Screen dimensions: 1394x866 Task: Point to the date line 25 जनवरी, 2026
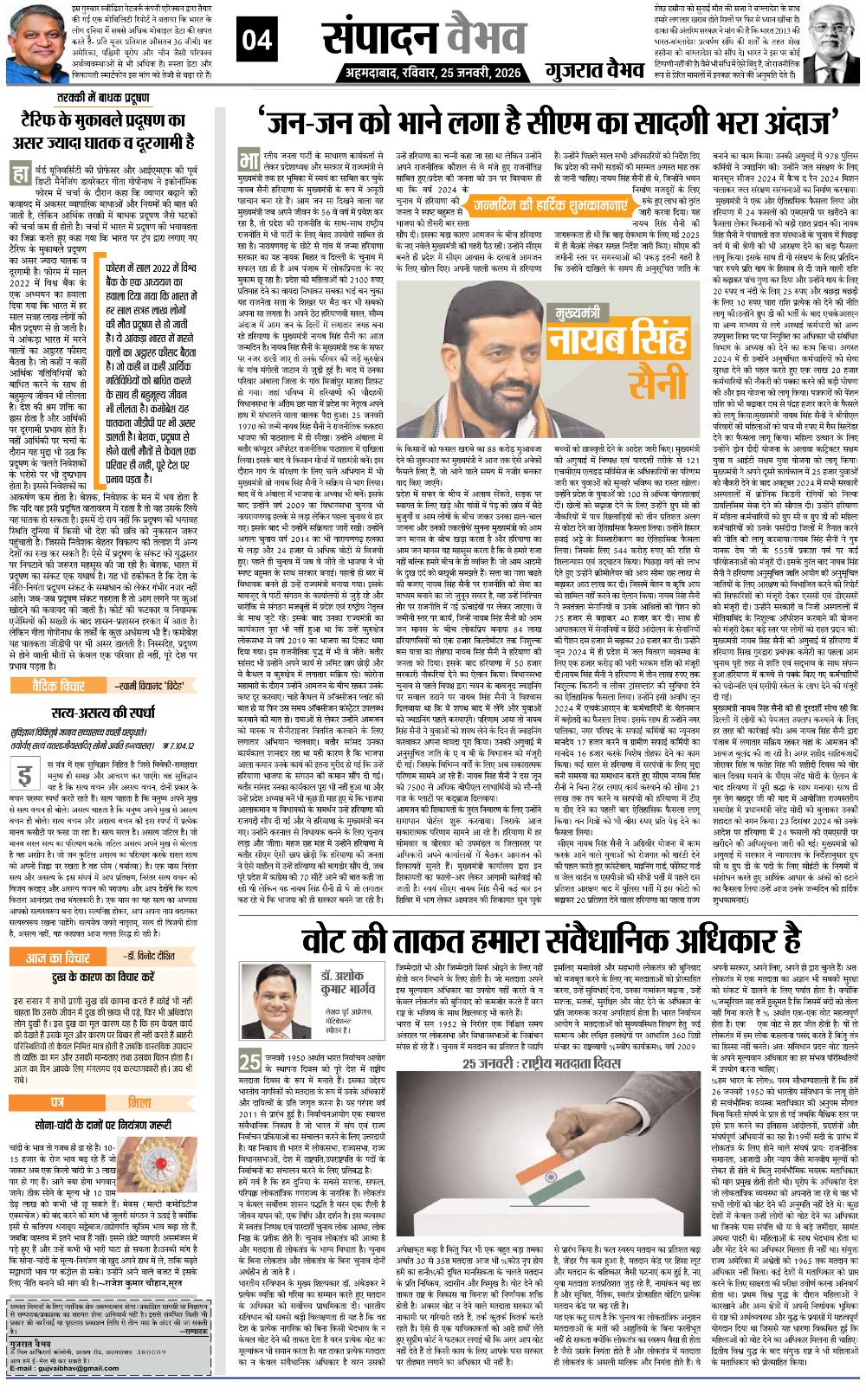[469, 70]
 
